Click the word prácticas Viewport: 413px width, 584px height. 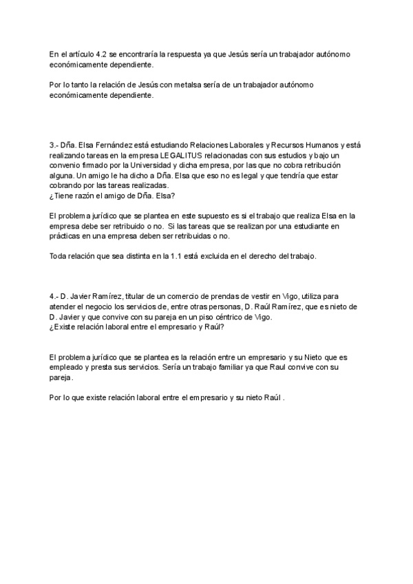coord(66,236)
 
